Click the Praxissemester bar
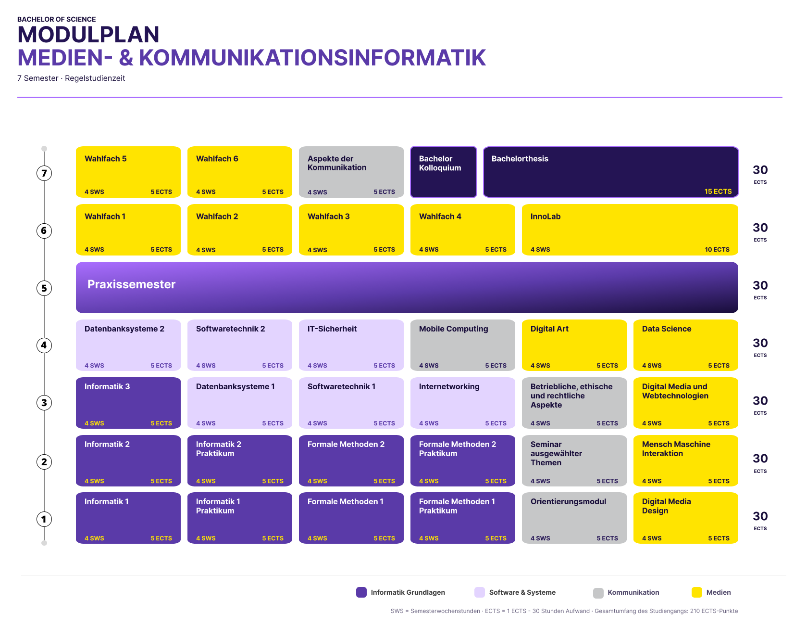407,287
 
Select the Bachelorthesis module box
610,172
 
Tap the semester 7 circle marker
44,173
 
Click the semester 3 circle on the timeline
44,403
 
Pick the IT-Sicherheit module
351,345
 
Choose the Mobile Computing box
463,345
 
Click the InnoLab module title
546,217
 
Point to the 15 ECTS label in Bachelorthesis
718,192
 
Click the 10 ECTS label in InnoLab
717,249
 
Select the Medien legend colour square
697,592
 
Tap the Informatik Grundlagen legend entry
400,592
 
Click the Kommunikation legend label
633,592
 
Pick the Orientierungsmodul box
574,518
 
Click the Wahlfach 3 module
351,230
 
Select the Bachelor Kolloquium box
444,172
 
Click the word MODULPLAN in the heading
88,35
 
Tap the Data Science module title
667,329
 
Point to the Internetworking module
463,403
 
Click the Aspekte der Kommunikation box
351,172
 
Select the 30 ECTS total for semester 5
760,289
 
